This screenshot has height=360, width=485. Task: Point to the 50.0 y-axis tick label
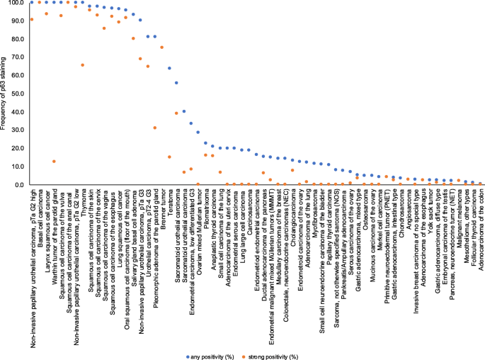click(x=15, y=94)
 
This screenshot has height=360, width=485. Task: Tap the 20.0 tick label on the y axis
click(x=15, y=148)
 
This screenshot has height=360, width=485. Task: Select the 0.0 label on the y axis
click(x=17, y=184)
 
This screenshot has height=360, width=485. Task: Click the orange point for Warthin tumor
click(x=54, y=162)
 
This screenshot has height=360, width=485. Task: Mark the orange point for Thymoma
click(x=83, y=65)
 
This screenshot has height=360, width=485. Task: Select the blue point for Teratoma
click(x=169, y=68)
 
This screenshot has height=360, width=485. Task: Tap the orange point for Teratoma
click(x=169, y=157)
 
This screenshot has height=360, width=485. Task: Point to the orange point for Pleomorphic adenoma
click(x=155, y=128)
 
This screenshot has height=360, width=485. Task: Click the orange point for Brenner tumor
click(x=162, y=47)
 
